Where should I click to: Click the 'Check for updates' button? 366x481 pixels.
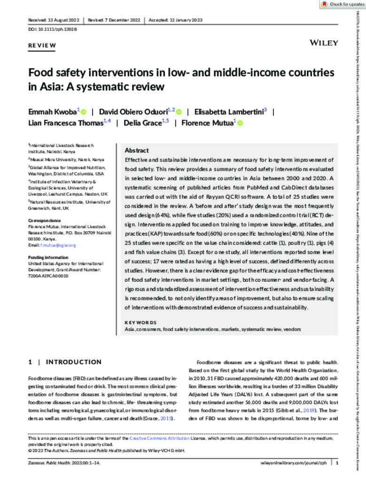click(x=342, y=4)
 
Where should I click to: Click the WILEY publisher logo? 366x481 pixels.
click(x=324, y=43)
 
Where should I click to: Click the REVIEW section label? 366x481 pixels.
click(x=42, y=46)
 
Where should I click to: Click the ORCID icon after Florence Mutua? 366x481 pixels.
click(x=240, y=124)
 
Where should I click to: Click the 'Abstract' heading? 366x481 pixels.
click(x=137, y=150)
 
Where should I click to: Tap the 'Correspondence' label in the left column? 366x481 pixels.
click(x=44, y=220)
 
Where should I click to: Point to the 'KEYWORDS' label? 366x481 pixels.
click(x=140, y=322)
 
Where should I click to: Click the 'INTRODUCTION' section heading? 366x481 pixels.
click(x=73, y=362)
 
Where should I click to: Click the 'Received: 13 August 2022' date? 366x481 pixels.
click(x=54, y=20)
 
